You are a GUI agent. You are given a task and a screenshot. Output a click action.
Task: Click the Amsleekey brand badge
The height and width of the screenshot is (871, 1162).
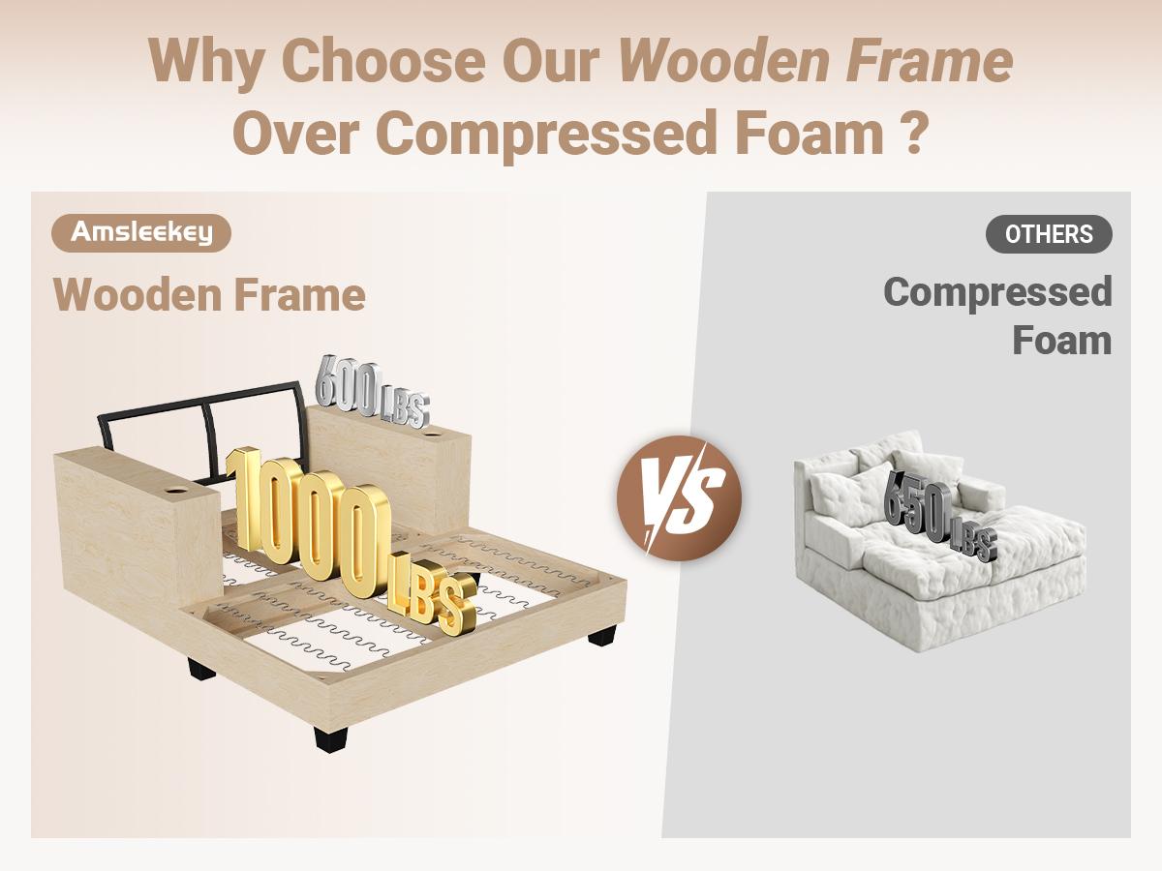tap(141, 233)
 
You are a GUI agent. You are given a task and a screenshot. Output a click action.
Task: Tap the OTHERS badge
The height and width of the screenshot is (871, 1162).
tap(1049, 234)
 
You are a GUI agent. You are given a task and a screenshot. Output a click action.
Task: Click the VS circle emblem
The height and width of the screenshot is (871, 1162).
tap(679, 497)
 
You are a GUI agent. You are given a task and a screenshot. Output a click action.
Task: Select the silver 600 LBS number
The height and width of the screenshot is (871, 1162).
tap(372, 390)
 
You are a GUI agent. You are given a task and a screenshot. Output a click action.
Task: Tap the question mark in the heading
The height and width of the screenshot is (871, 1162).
tap(914, 132)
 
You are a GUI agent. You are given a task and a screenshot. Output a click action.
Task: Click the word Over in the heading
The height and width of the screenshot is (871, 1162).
tap(296, 133)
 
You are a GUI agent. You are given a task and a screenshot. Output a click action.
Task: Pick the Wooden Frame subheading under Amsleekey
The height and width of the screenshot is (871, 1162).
tap(209, 294)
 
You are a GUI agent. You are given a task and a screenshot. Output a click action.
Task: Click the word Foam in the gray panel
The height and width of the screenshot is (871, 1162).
tap(1062, 340)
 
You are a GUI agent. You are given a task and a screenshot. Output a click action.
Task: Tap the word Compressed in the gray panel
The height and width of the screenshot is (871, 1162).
tap(998, 293)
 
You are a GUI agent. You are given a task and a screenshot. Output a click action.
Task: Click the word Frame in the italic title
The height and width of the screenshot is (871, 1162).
tap(929, 60)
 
